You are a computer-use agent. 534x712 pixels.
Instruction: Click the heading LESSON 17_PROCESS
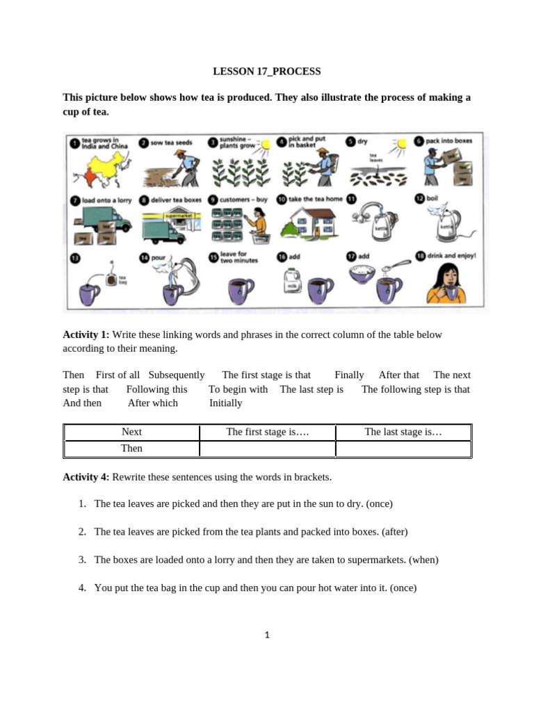point(267,72)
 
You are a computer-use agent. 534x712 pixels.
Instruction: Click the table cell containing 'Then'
point(131,448)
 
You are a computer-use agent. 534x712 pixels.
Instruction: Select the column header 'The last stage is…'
point(403,432)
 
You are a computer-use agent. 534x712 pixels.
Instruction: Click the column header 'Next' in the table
point(131,432)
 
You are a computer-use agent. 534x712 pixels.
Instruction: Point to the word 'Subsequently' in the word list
point(177,375)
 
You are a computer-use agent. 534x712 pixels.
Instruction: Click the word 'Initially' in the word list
point(226,403)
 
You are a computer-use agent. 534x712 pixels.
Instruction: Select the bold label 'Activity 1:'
point(86,334)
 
